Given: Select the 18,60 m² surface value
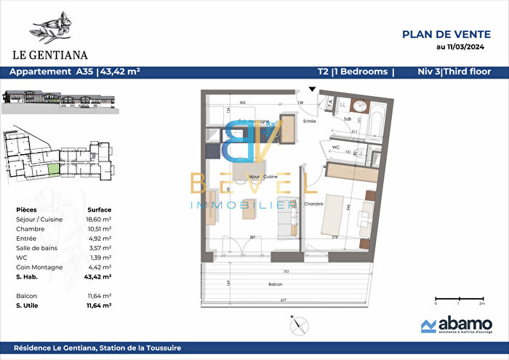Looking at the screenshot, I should pyautogui.click(x=99, y=218).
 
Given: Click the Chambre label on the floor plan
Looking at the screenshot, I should pyautogui.click(x=313, y=204).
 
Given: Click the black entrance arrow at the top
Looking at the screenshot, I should pyautogui.click(x=312, y=89).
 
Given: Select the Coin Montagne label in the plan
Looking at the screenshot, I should pyautogui.click(x=254, y=121).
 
